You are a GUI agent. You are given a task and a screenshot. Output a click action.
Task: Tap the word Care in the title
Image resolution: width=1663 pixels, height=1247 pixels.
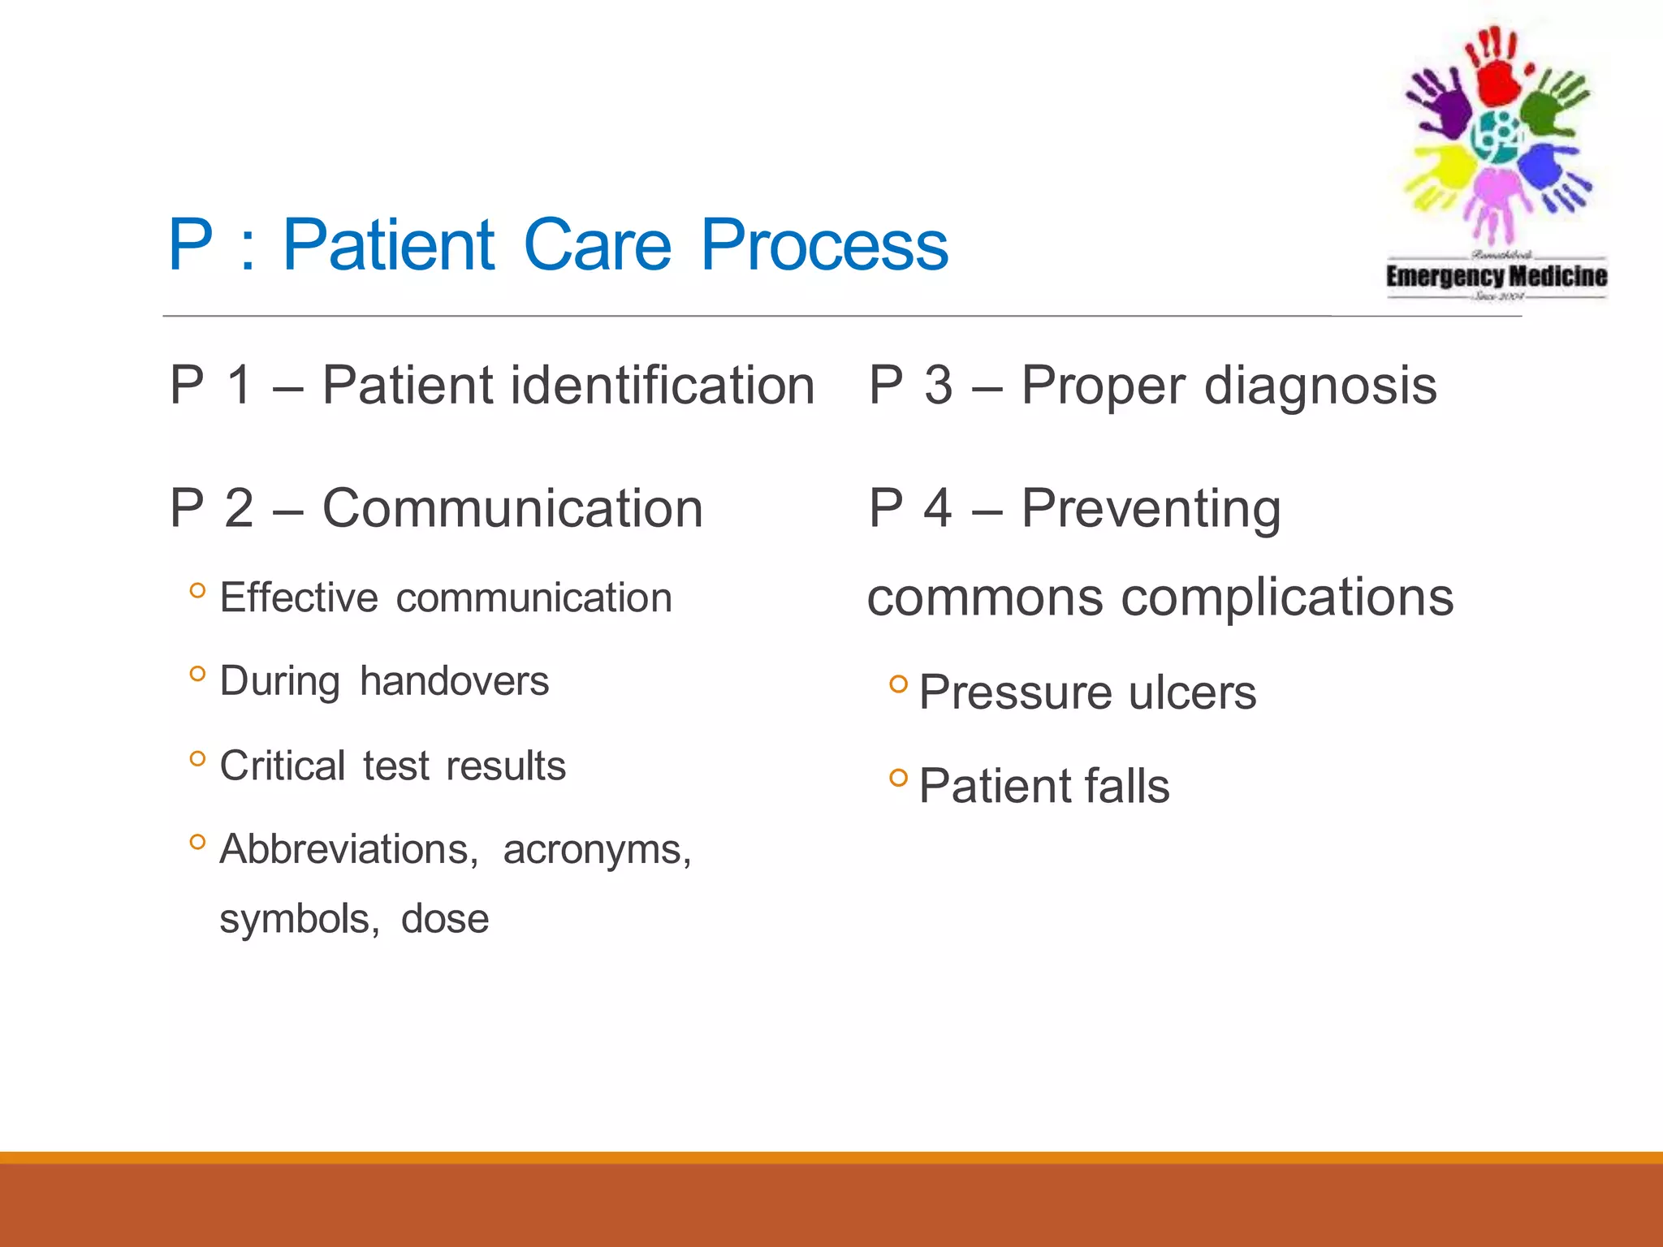[x=598, y=245]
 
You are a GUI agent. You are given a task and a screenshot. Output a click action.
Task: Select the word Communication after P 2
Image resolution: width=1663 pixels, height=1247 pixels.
[x=512, y=509]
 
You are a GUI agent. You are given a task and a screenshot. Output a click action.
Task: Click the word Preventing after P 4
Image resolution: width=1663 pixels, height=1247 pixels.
[x=1151, y=509]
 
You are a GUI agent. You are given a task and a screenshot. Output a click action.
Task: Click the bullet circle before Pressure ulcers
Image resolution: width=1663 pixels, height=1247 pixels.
[x=897, y=684]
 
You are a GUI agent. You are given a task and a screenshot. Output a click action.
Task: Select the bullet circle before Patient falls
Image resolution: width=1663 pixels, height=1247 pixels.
[x=897, y=778]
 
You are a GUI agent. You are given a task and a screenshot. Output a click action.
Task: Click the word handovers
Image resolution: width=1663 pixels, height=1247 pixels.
[x=454, y=680]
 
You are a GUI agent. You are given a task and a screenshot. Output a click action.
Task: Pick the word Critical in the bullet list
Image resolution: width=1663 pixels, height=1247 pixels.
[x=283, y=766]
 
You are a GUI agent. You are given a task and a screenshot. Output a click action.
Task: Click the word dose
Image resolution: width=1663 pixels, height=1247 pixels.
[x=445, y=919]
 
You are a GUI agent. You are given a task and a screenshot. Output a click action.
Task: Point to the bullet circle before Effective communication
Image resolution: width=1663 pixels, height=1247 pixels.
[x=197, y=590]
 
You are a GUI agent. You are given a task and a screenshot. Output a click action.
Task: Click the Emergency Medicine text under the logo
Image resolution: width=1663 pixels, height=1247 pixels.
[x=1496, y=276]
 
